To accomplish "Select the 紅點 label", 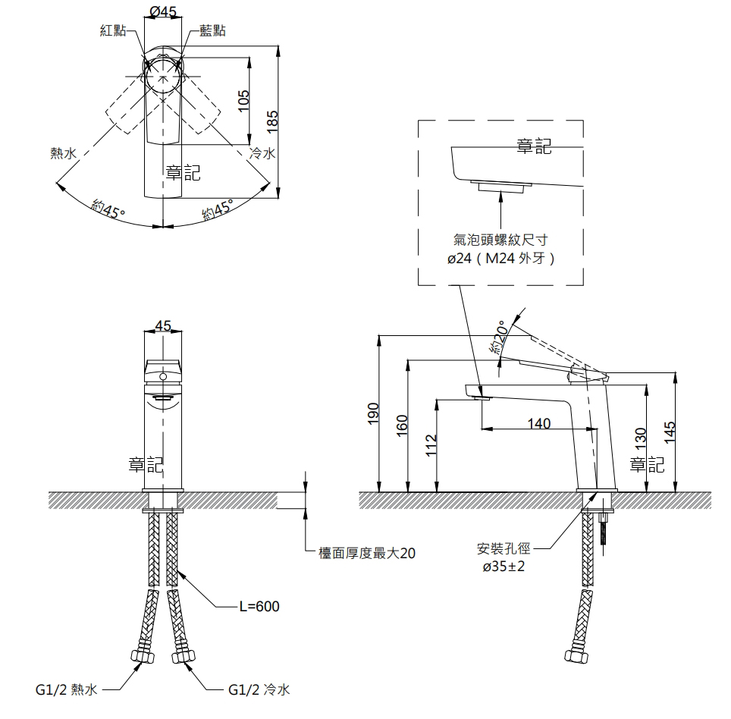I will [x=113, y=30].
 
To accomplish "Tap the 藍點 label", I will [x=212, y=30].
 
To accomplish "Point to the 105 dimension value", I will [x=243, y=99].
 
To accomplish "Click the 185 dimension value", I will [x=272, y=121].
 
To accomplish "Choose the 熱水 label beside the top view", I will [x=63, y=154].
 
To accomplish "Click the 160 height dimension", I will [x=403, y=425].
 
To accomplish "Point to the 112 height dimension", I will [x=431, y=443].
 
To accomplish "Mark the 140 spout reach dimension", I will [x=538, y=423].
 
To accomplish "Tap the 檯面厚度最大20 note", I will [x=367, y=554].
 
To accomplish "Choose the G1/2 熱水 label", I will [x=67, y=689].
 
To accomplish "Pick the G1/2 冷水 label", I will [x=259, y=689].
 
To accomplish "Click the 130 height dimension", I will [x=639, y=438].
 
